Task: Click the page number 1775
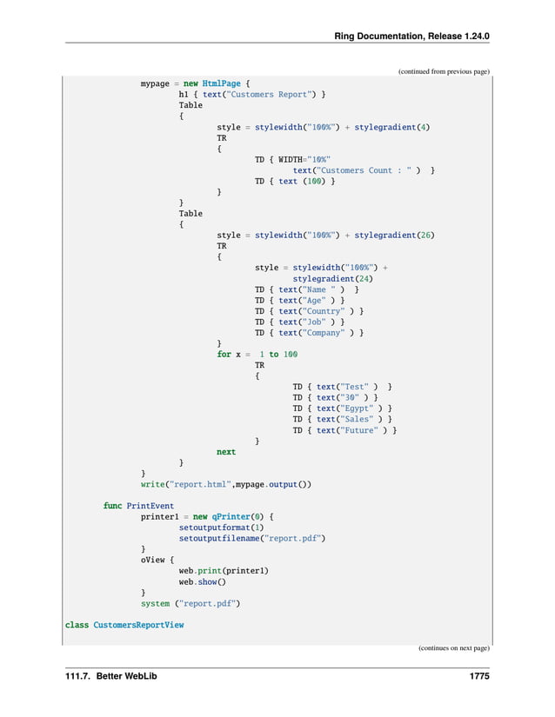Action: pyautogui.click(x=477, y=675)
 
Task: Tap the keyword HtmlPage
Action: pyautogui.click(x=221, y=83)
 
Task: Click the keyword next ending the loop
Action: pyautogui.click(x=226, y=452)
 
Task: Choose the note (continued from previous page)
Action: pyautogui.click(x=444, y=71)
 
